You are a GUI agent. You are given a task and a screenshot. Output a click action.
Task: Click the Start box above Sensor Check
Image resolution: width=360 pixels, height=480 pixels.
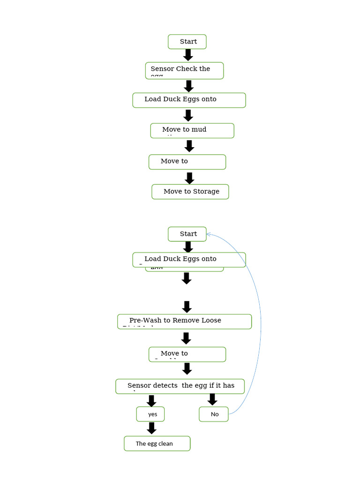click(x=187, y=42)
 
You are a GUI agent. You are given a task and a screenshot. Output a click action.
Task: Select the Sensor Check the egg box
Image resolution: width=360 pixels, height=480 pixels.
click(x=184, y=71)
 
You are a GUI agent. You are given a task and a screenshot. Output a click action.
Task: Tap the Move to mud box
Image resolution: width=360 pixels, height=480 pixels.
click(x=192, y=131)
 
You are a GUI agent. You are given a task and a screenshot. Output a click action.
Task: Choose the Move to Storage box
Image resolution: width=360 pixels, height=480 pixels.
click(x=190, y=192)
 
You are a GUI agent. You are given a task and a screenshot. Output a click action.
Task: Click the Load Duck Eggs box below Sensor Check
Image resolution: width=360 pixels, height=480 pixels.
click(x=188, y=100)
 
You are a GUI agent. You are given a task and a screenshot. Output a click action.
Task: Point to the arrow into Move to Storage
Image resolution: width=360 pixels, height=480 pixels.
click(x=189, y=178)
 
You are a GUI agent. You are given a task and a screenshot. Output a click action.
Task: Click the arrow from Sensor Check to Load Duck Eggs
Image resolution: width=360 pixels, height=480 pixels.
click(x=189, y=86)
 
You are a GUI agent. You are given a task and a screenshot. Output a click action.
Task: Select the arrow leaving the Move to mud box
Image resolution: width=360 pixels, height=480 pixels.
click(x=189, y=146)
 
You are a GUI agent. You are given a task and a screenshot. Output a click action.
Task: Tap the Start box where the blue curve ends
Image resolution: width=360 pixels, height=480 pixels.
click(x=187, y=234)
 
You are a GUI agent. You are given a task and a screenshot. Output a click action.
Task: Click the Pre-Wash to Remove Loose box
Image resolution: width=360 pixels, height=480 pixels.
click(x=184, y=322)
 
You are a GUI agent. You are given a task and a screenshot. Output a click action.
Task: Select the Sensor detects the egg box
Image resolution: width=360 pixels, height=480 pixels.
click(x=180, y=386)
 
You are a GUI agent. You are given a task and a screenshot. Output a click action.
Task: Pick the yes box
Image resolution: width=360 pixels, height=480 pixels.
click(x=150, y=414)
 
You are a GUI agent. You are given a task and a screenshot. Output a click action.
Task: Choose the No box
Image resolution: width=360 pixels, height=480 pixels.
click(x=214, y=414)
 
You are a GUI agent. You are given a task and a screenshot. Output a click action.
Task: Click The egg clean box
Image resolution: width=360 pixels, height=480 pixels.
click(x=157, y=443)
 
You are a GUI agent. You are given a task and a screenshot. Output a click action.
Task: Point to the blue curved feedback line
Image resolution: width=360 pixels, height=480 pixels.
click(x=260, y=323)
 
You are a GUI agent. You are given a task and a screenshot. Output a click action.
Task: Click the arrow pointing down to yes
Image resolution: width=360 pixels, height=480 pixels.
click(x=151, y=401)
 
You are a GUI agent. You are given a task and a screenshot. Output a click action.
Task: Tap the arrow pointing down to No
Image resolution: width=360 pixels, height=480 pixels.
click(x=212, y=399)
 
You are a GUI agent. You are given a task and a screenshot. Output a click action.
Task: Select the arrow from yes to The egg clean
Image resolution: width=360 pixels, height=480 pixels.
click(x=151, y=428)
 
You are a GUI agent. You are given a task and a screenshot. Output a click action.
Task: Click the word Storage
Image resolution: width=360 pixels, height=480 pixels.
click(x=206, y=191)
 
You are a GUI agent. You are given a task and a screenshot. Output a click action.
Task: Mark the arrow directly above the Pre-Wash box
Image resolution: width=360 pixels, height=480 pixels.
click(x=187, y=307)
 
